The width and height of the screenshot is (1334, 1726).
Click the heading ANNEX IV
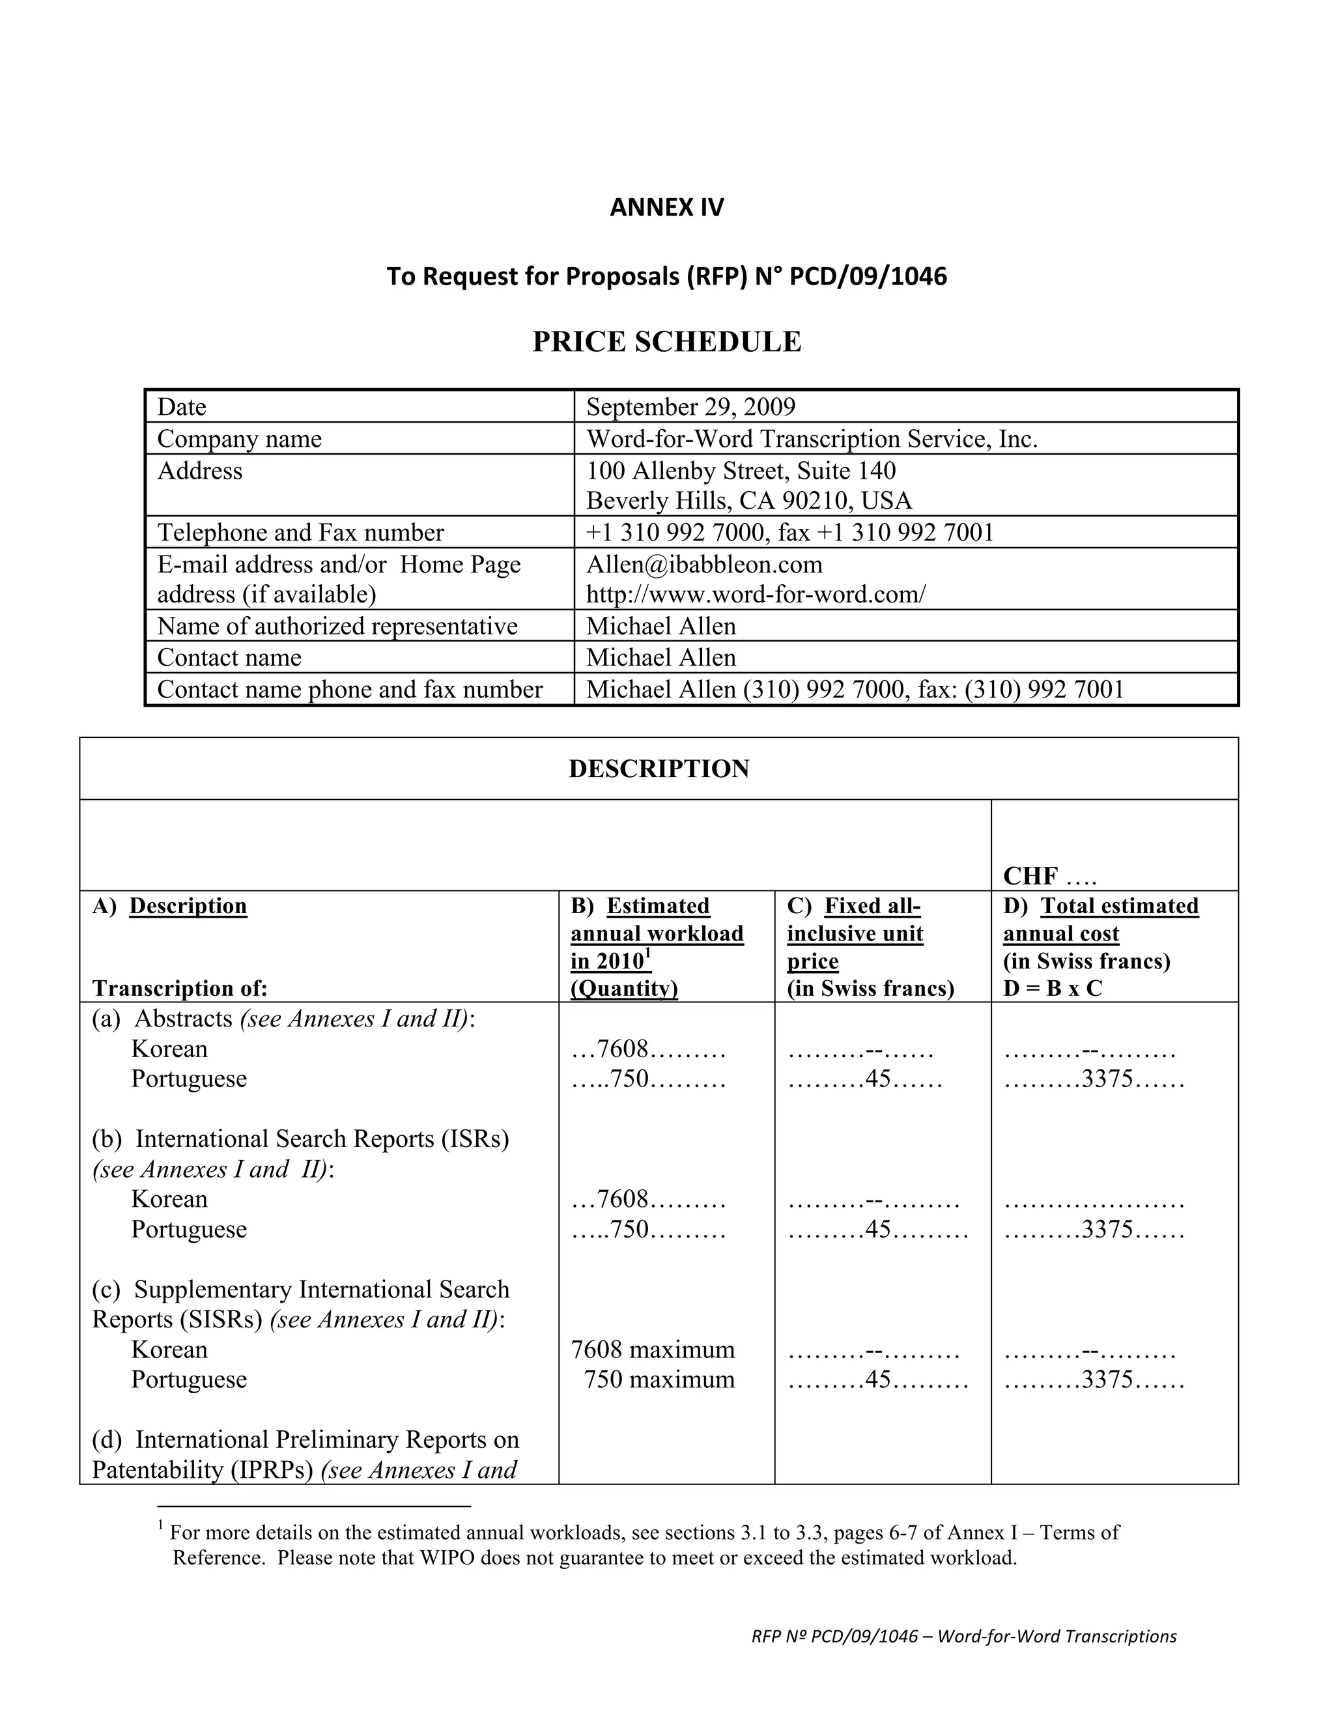tap(666, 207)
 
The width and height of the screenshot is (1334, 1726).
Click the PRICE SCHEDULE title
tap(666, 341)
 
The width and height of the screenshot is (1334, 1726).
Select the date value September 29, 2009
tap(690, 407)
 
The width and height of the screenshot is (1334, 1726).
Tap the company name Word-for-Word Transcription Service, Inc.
tap(812, 438)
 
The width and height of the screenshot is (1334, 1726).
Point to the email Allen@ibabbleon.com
tap(704, 564)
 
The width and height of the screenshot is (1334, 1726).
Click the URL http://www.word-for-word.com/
tap(756, 594)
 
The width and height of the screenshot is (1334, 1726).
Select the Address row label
tap(200, 471)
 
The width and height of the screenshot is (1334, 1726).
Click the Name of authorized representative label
tap(337, 627)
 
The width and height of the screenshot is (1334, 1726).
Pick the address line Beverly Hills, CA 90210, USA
tap(748, 501)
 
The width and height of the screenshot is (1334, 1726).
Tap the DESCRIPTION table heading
tap(659, 769)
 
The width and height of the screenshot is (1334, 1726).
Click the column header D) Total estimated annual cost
tap(1101, 920)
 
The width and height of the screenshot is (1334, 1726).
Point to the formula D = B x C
tap(1052, 989)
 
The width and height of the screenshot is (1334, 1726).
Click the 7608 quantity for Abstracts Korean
tap(623, 1049)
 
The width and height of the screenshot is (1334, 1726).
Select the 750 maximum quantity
tap(659, 1380)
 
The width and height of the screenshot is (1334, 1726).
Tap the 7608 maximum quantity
tap(653, 1350)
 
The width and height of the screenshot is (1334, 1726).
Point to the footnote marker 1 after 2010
tap(648, 954)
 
